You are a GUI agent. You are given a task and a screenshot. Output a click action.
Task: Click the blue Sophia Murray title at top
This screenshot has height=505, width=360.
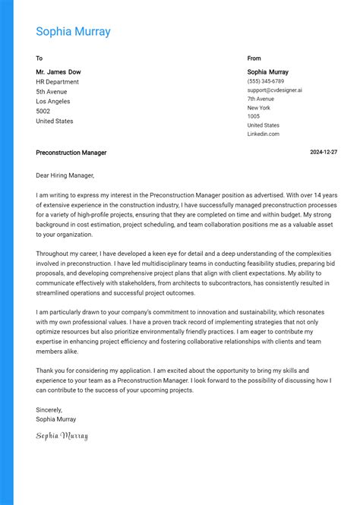click(73, 32)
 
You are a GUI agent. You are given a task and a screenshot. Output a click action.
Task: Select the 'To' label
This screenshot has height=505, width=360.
click(39, 58)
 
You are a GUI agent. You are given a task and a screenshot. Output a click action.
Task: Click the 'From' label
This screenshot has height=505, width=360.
click(254, 58)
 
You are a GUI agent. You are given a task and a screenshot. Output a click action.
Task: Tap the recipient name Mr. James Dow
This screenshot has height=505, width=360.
click(58, 72)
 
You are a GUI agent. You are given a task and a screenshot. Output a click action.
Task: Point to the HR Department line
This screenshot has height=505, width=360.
click(57, 82)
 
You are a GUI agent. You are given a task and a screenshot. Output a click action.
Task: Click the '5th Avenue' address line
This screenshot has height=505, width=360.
click(52, 92)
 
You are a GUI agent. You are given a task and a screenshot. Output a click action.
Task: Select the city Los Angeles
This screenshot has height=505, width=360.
click(52, 102)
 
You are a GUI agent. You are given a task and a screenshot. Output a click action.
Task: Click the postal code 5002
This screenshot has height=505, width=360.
click(43, 112)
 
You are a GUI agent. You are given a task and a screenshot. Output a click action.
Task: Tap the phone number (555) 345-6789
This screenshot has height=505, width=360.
click(266, 81)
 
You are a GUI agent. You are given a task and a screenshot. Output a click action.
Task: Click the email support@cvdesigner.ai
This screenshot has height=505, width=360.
click(274, 90)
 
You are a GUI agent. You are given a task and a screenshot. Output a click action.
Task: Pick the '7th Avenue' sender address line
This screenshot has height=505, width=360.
click(261, 99)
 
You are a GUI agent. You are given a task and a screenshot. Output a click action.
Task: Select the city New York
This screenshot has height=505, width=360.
click(258, 108)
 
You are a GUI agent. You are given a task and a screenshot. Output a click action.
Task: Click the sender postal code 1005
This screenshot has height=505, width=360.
click(253, 116)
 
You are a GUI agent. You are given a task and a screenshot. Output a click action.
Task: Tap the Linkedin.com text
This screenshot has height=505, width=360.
click(263, 134)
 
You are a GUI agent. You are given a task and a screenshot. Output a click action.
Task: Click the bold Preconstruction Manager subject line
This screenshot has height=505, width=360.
click(71, 153)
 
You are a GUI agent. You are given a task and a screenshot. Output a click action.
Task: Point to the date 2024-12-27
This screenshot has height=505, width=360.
click(324, 153)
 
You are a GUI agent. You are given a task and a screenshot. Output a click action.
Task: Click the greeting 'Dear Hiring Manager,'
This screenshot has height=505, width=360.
click(65, 175)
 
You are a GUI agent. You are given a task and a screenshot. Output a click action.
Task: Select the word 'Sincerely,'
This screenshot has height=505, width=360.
click(50, 409)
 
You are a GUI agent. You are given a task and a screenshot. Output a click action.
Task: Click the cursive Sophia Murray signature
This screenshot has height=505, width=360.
click(62, 436)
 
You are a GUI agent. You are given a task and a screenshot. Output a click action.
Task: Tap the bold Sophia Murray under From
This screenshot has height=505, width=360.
click(267, 72)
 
